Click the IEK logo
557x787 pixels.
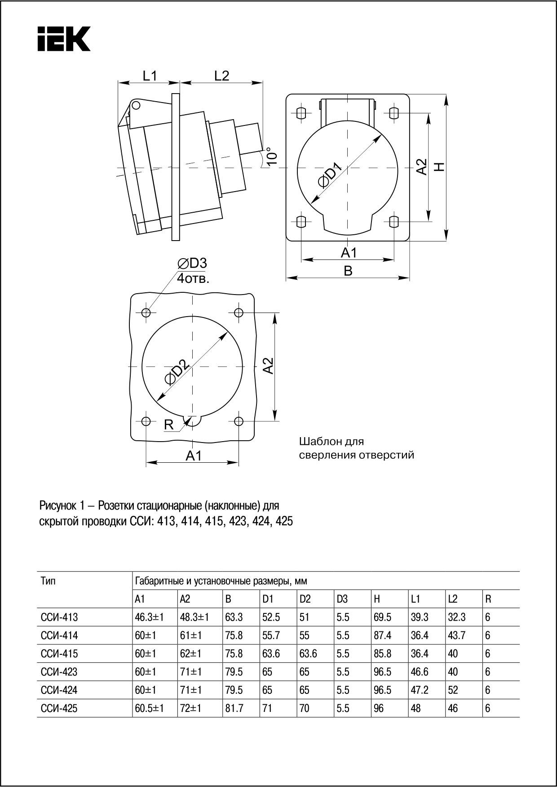(64, 39)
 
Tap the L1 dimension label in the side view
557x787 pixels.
(150, 76)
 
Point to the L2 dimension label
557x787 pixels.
(221, 76)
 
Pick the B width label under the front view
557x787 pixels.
(348, 271)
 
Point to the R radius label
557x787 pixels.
(169, 425)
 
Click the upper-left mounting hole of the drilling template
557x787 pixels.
(146, 313)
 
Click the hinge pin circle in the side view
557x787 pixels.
(136, 106)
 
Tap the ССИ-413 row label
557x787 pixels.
(59, 617)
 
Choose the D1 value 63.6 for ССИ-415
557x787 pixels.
(271, 653)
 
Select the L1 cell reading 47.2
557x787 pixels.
(420, 690)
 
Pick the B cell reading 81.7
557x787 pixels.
(234, 708)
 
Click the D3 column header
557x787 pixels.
(342, 599)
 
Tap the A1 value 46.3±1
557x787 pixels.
(149, 617)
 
